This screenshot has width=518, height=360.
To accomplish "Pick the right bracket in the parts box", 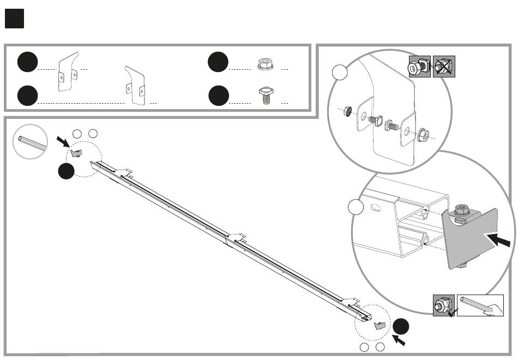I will tap(135, 85).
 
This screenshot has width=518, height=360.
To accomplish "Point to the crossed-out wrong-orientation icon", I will tap(444, 67).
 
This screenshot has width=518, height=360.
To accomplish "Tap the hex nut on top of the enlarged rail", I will tap(461, 209).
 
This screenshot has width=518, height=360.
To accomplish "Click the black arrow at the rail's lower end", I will tap(399, 341).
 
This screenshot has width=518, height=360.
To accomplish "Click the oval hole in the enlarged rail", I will tap(375, 207).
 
